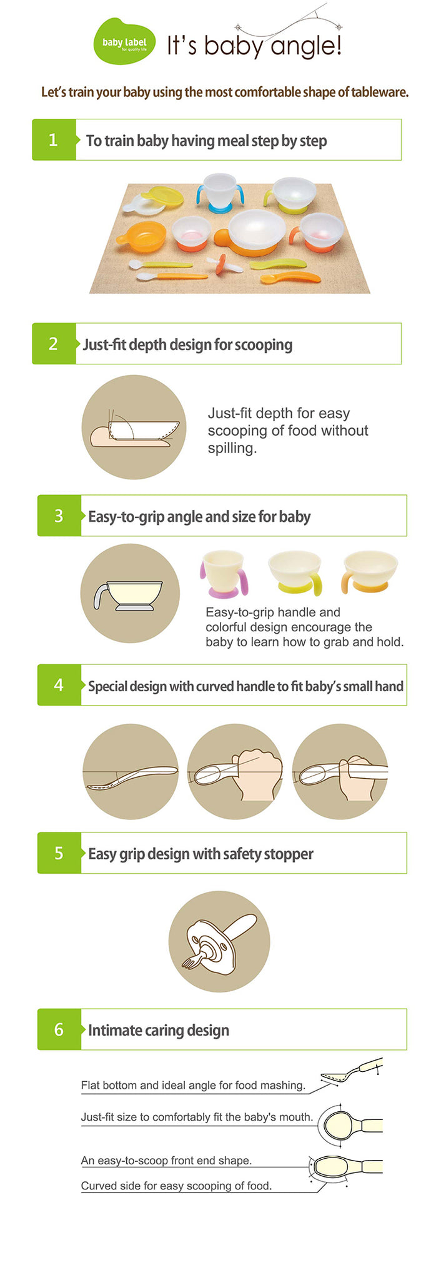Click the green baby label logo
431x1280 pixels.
pos(124,42)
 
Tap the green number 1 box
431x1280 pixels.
pos(54,140)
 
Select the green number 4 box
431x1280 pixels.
pos(59,685)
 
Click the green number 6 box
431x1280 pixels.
pos(59,1029)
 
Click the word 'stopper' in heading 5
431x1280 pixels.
pos(289,854)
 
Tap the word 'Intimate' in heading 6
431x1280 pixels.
pos(113,1030)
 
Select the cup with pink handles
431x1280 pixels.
pos(224,574)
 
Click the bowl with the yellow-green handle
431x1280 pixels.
pos(295,572)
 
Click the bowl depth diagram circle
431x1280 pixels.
pos(134,427)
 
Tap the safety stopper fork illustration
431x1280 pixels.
pos(219,941)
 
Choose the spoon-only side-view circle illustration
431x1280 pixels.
pos(130,771)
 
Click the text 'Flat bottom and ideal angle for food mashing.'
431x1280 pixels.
pos(193,1085)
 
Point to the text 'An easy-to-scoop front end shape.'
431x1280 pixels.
pos(166,1160)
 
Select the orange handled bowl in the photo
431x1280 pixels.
pos(142,237)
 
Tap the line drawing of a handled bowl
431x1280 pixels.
pos(130,593)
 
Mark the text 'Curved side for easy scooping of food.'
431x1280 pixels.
pos(176,1186)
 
